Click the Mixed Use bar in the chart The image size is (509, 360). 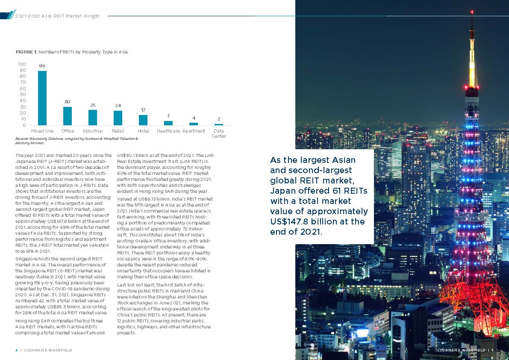42,98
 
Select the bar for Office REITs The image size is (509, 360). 68,116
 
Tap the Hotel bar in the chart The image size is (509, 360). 143,120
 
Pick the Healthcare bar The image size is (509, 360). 168,123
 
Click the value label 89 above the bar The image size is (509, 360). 42,66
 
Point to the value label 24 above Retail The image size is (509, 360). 118,106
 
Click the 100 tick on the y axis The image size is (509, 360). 22,64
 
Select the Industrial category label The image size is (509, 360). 93,131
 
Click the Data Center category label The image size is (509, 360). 218,133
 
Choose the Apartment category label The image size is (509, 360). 194,131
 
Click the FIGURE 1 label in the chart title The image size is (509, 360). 26,52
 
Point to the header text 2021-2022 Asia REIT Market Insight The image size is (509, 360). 57,16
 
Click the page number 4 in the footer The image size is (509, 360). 17,350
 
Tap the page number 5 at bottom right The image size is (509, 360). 492,350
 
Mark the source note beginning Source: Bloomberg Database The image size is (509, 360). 76,141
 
